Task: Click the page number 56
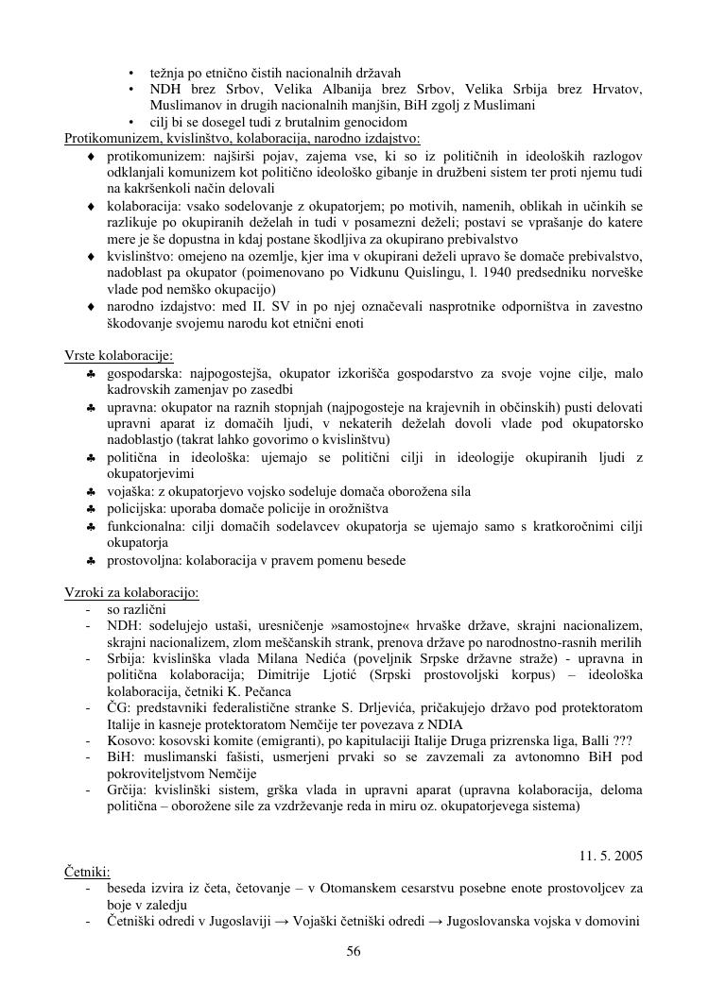(354, 951)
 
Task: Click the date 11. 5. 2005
(611, 856)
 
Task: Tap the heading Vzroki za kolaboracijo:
(131, 593)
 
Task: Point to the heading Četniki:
(87, 872)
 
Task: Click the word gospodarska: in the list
(141, 374)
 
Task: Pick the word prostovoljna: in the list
(144, 560)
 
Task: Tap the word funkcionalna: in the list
(145, 526)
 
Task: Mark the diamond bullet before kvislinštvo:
(91, 257)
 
